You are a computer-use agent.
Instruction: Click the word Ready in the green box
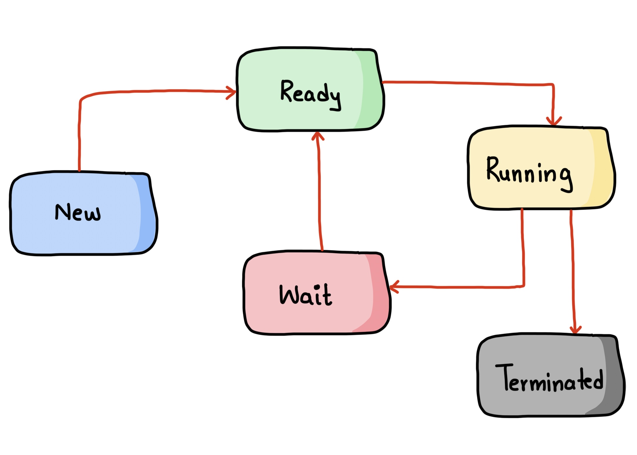pyautogui.click(x=310, y=93)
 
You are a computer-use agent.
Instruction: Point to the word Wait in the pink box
pyautogui.click(x=306, y=295)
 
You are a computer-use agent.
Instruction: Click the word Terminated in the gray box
pyautogui.click(x=549, y=379)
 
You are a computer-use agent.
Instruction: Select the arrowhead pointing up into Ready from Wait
pyautogui.click(x=318, y=136)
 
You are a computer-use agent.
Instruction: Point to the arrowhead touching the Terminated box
pyautogui.click(x=576, y=330)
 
